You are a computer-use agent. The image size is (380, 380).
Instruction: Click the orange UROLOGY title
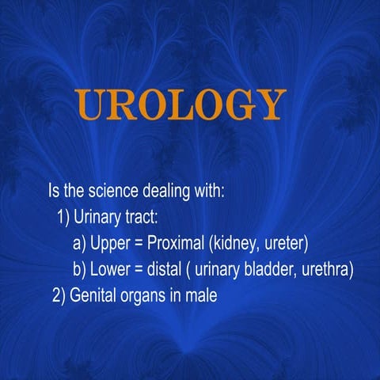coord(180,104)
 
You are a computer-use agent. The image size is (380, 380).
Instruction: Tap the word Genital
coord(94,295)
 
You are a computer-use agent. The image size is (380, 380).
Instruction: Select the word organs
coord(146,295)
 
